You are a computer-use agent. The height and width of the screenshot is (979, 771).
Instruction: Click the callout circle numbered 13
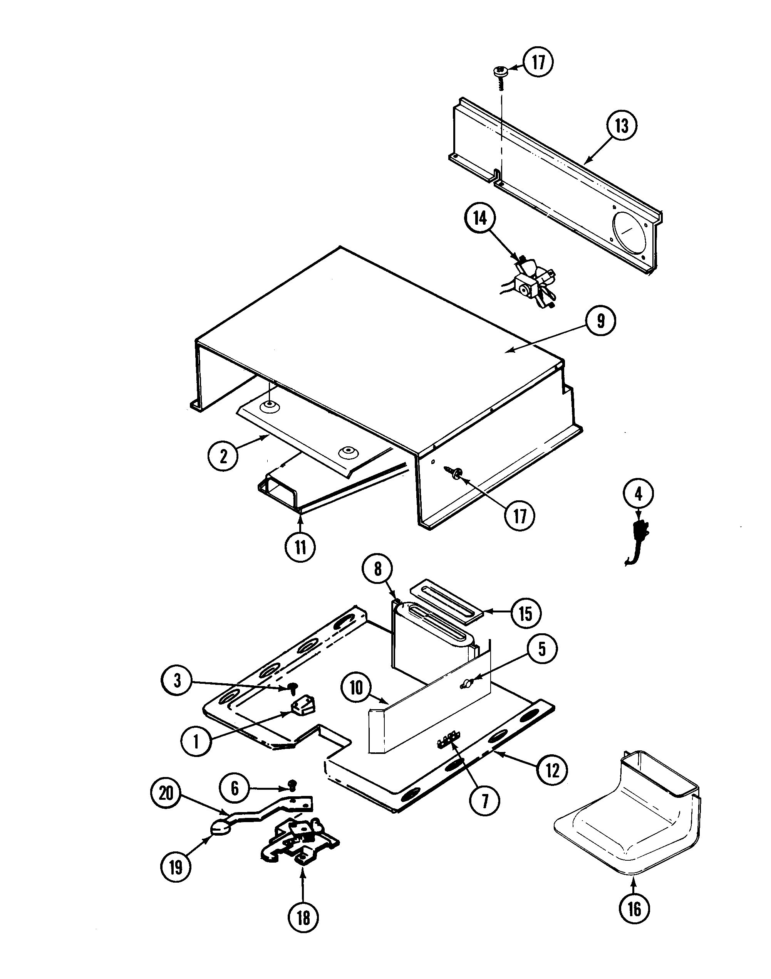click(x=622, y=126)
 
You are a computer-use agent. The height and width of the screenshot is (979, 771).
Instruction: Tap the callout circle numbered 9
click(x=600, y=321)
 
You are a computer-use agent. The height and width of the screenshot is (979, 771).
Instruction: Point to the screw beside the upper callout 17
click(x=500, y=71)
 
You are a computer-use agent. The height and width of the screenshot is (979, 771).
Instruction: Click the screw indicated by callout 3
click(x=293, y=688)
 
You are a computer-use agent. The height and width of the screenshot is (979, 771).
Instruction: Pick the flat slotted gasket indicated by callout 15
click(x=446, y=603)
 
